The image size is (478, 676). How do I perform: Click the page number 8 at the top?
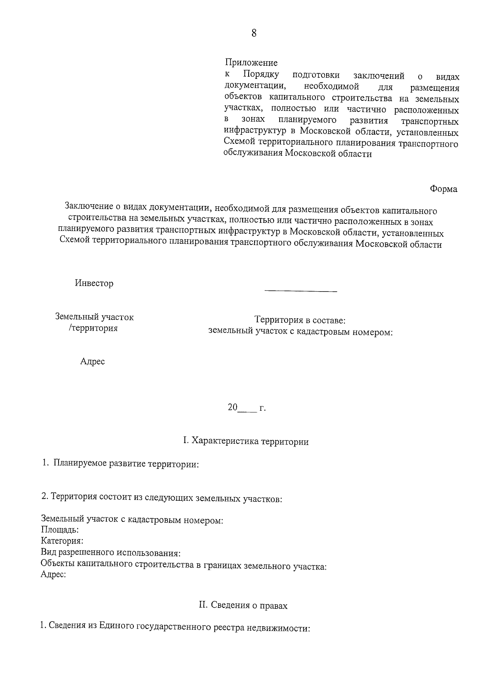(x=254, y=33)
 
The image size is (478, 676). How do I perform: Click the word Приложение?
(x=251, y=63)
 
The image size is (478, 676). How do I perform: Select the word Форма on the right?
(x=443, y=189)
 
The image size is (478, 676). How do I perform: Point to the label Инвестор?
(x=94, y=283)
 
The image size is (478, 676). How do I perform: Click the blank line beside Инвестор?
(x=301, y=291)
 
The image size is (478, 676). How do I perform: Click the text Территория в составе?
(x=300, y=320)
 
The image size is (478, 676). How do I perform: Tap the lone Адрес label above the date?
(x=92, y=361)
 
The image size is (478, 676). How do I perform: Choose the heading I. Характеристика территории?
(x=245, y=441)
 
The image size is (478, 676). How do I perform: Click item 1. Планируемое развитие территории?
(x=121, y=464)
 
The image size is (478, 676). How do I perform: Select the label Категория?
(x=62, y=541)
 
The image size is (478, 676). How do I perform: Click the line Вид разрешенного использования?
(x=111, y=553)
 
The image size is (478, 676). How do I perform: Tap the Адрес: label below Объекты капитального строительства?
(x=53, y=574)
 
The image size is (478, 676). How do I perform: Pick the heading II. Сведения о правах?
(x=243, y=605)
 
